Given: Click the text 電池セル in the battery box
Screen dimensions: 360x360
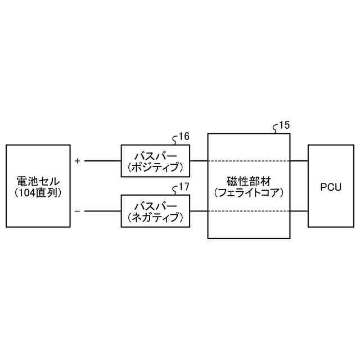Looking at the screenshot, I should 38,181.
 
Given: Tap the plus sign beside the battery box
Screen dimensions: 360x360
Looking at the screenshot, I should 77,161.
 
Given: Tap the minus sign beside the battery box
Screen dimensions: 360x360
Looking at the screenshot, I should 77,211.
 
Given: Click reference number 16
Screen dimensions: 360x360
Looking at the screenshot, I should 184,137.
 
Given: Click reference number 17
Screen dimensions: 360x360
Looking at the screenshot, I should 184,187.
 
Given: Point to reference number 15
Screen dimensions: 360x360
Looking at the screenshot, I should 285,125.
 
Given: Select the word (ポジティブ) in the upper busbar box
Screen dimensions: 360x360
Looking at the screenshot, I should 156,167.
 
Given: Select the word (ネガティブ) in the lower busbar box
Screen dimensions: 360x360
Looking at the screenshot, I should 156,217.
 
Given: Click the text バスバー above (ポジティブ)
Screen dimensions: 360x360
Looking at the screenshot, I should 156,156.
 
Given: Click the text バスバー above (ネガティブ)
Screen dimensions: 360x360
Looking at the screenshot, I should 156,206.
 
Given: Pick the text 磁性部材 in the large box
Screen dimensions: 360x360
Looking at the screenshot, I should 249,181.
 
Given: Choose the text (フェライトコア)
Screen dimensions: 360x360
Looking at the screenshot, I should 249,192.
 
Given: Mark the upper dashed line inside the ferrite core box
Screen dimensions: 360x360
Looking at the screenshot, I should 249,161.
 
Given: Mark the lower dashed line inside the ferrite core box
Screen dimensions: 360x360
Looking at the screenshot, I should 249,211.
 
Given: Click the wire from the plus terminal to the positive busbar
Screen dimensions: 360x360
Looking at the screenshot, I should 102,161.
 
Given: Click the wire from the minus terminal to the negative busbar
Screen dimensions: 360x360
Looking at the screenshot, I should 102,211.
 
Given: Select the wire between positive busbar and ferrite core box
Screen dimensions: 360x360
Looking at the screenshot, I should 199,161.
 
